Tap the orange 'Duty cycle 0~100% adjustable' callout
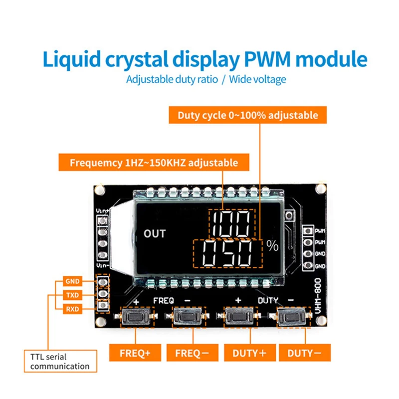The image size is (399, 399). [x=248, y=115]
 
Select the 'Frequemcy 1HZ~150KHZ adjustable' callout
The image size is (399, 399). [x=154, y=163]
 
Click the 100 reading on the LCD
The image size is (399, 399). [x=231, y=223]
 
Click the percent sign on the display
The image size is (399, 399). [x=272, y=245]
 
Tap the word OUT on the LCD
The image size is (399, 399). [x=154, y=233]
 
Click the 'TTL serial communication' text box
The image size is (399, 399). [x=60, y=362]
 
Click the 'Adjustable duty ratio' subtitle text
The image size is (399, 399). [x=172, y=80]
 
